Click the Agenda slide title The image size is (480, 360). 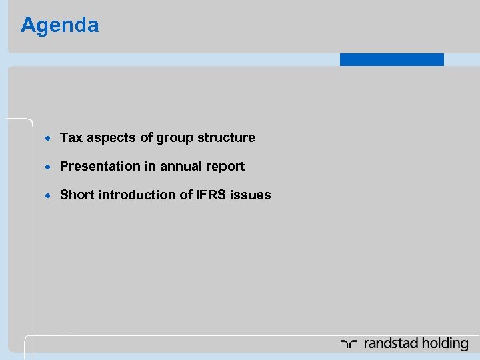[x=60, y=25]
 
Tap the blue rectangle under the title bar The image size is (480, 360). [x=391, y=59]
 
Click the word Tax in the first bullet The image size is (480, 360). [x=70, y=138]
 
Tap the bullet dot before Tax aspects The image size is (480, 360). [x=49, y=139]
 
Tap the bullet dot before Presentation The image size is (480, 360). [x=49, y=167]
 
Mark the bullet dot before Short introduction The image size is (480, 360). [x=49, y=196]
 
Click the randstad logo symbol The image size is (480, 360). [x=349, y=344]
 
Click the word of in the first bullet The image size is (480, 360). [x=147, y=138]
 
